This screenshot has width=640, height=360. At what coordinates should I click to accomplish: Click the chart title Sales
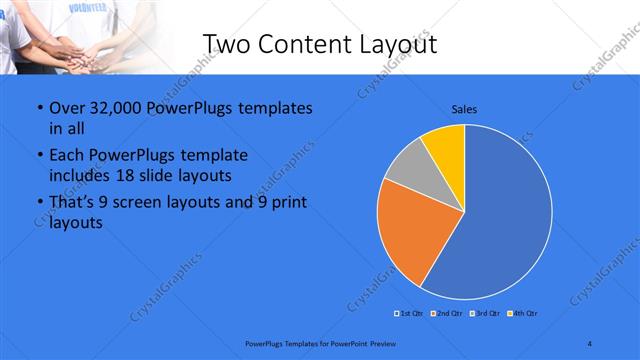pos(464,108)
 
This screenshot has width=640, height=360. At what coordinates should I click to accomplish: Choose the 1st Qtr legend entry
pos(409,314)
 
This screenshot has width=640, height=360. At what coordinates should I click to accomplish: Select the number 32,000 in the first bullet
pos(109,108)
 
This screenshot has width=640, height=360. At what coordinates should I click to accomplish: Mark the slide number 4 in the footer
pos(590,344)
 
